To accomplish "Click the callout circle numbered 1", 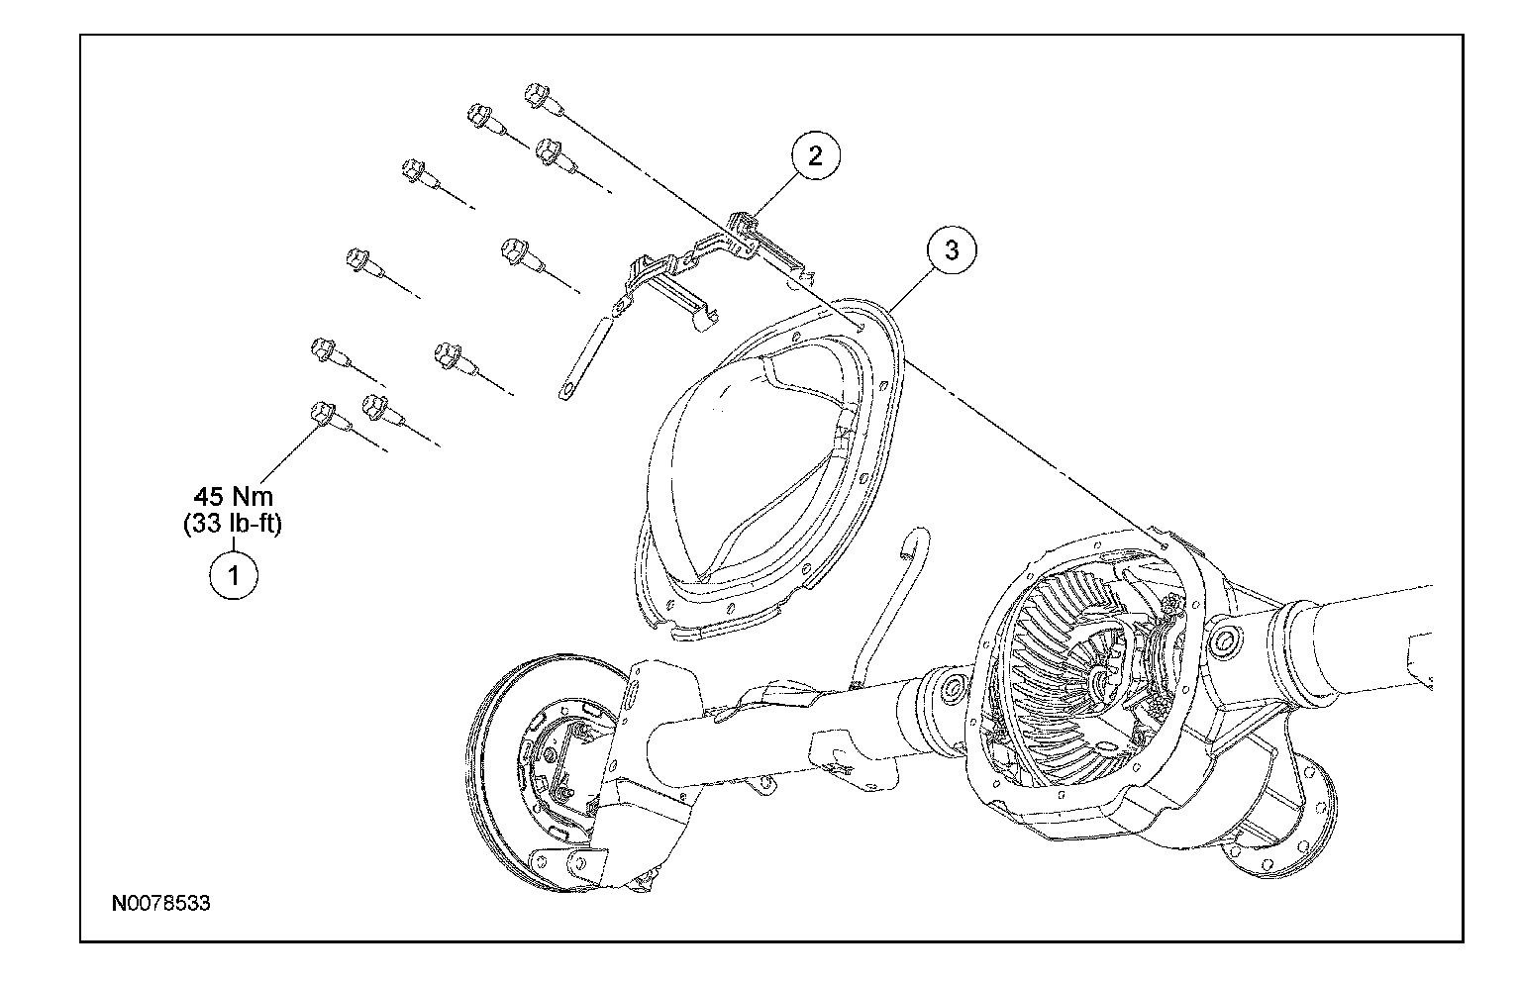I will (x=234, y=575).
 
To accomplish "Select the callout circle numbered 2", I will (x=814, y=156).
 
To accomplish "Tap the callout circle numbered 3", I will (x=951, y=250).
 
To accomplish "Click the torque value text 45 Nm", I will (x=233, y=497).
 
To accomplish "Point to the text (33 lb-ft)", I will (x=233, y=524).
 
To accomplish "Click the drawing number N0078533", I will (x=160, y=903).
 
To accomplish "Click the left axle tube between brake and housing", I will (x=743, y=733).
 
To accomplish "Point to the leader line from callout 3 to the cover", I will (x=911, y=287).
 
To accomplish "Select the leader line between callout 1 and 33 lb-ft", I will (x=234, y=545).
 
